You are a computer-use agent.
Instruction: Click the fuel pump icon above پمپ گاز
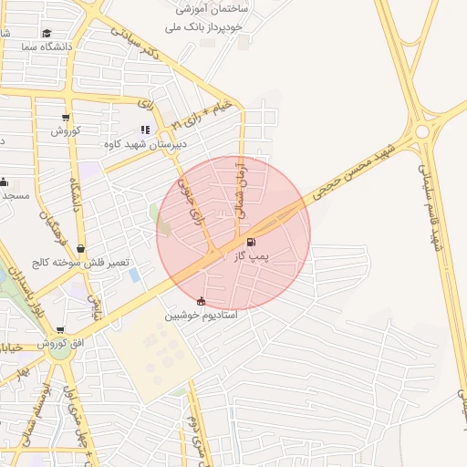coord(252,242)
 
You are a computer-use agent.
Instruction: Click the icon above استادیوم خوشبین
coord(201,301)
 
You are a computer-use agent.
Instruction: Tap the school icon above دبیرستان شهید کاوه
coord(144,130)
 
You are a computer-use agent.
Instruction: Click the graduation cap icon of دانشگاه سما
coord(60,33)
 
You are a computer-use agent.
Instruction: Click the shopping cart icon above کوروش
coord(66,117)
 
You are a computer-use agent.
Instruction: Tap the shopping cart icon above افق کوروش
coord(60,331)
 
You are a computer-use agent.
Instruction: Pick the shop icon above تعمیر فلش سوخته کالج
coord(81,248)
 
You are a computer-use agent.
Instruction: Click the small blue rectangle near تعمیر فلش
coord(135,275)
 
